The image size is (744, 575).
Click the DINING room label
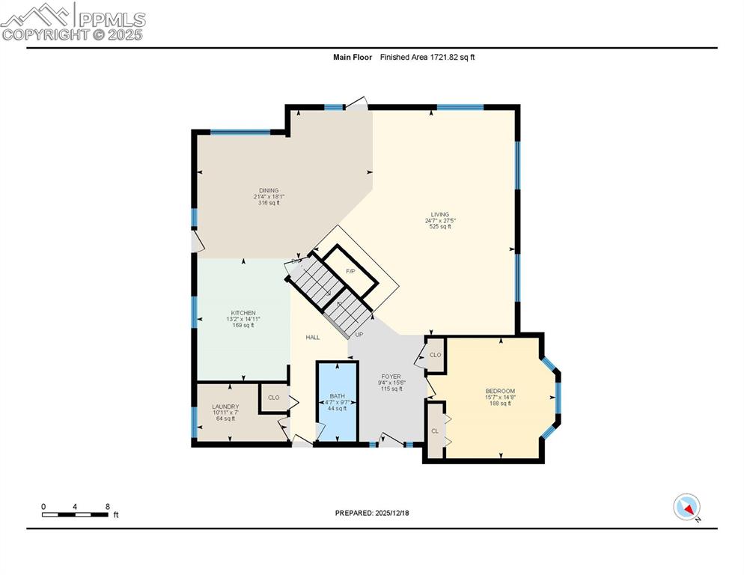(269, 190)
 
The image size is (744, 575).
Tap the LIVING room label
(439, 214)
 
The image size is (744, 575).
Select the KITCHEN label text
(243, 313)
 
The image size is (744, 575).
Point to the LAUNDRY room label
(225, 407)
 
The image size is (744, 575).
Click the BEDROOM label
(500, 391)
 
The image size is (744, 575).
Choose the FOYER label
(391, 377)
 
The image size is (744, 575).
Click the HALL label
(313, 338)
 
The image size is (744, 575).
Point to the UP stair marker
(359, 335)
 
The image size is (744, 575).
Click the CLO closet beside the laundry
(273, 398)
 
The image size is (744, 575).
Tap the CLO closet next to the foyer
(435, 355)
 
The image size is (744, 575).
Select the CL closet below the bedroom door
(435, 431)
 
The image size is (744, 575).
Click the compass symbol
(686, 507)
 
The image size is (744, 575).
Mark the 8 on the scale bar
(108, 506)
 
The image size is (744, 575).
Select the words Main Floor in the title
(353, 57)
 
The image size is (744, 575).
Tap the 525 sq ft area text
(439, 227)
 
